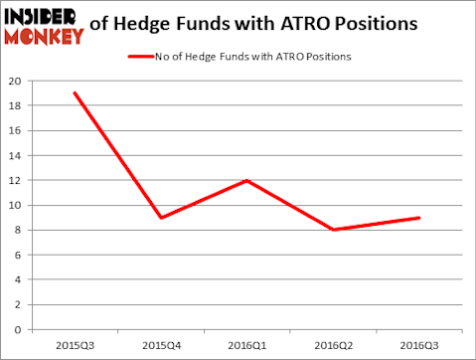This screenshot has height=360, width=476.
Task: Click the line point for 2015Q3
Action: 75,93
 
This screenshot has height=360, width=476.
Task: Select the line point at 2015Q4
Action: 161,218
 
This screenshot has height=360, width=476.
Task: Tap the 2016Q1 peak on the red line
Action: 246,180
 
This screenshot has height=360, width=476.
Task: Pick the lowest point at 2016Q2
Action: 333,230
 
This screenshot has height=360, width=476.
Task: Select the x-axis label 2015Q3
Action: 75,346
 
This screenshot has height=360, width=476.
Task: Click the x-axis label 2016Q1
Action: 246,346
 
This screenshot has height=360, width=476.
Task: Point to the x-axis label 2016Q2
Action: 333,346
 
